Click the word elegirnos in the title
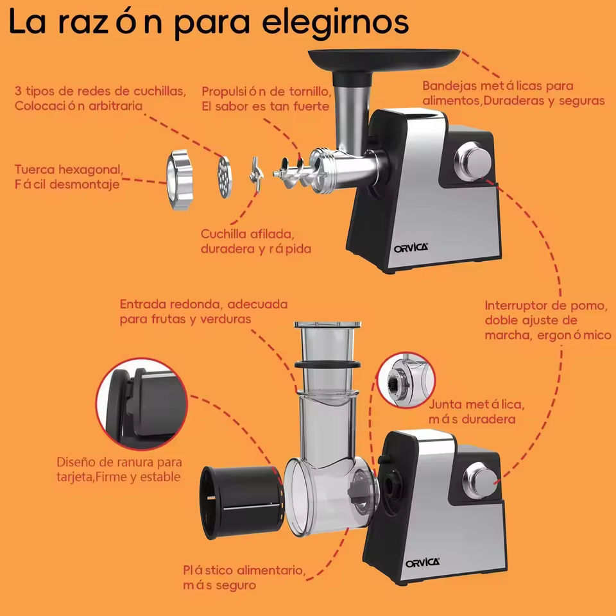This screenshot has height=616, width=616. pos(335,23)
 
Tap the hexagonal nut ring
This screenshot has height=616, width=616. pos(180,180)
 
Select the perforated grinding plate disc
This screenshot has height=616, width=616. pos(225,177)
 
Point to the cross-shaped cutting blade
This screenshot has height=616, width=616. pos(256,175)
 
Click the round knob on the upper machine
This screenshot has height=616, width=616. pos(473,162)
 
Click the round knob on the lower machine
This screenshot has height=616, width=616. pos(481,481)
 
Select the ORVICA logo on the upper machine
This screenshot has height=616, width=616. pos(411,248)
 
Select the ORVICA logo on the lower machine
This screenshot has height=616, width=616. pos(423,563)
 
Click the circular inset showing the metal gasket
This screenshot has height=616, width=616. pos(406,381)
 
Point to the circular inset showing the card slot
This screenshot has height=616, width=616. pos(142,404)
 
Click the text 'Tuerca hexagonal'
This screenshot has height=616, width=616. pos(69,170)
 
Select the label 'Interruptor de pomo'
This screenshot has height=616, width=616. pos(546,305)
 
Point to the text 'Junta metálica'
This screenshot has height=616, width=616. pos(477,405)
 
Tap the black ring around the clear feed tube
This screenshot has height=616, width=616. pos(328,364)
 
